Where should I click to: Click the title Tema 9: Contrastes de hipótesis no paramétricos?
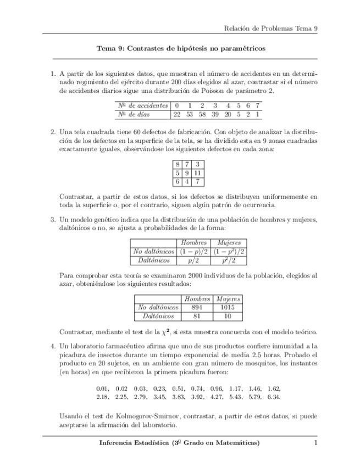coord(181,48)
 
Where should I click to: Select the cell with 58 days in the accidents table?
coord(202,114)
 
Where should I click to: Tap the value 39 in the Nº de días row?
coord(215,114)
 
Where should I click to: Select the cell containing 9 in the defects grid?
coord(187,173)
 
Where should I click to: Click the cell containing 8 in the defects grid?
coord(178,164)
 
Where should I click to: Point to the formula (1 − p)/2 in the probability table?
coord(193,251)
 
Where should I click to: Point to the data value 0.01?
coord(103,387)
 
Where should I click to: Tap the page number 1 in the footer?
coord(315,443)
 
